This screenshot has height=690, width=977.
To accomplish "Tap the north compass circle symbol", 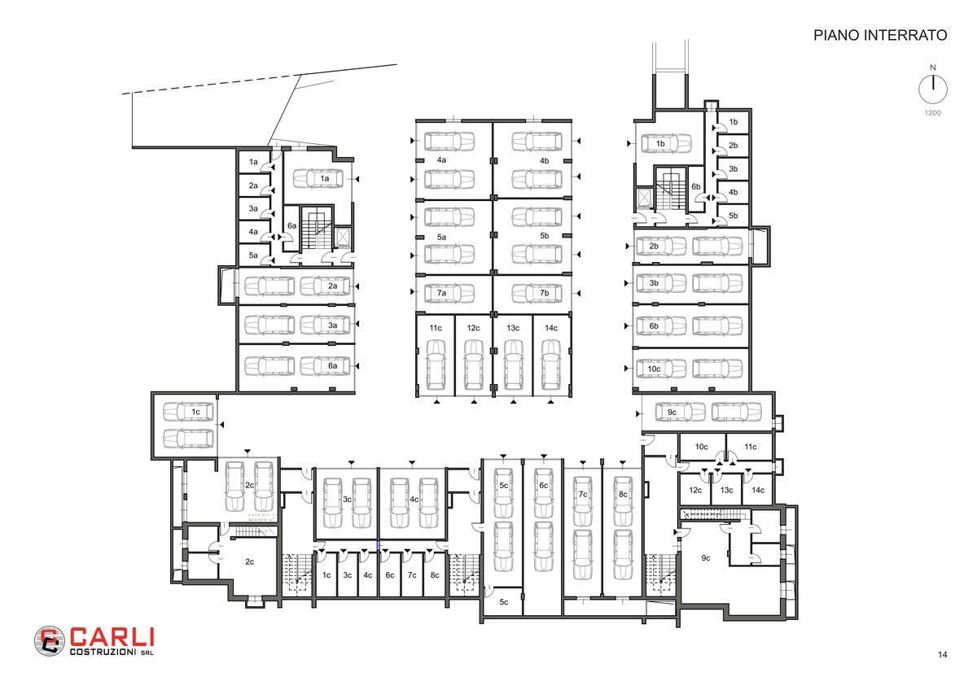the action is (x=933, y=90).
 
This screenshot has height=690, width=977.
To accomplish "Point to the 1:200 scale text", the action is (x=933, y=112).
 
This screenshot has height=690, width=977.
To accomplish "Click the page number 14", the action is (x=943, y=654).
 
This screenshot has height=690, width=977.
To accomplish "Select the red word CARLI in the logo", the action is (x=112, y=637).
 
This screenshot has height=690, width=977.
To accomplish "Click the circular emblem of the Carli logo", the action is (x=50, y=641).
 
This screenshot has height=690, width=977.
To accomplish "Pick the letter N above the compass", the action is (x=933, y=68).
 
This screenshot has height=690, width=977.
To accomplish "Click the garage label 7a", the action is (x=441, y=293).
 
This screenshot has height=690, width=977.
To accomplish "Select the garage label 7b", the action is (x=545, y=293).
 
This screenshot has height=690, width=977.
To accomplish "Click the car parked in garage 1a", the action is (x=318, y=179).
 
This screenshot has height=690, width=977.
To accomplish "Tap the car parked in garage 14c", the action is (x=550, y=365).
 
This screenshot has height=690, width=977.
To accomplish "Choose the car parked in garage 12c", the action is (x=474, y=365).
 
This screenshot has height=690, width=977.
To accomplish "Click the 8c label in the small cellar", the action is (x=435, y=575).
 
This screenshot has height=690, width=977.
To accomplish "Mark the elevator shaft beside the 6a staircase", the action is (x=344, y=237).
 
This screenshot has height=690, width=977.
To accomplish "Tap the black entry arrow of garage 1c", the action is (x=221, y=424).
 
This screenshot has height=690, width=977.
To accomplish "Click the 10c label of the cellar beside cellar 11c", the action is (x=701, y=447).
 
